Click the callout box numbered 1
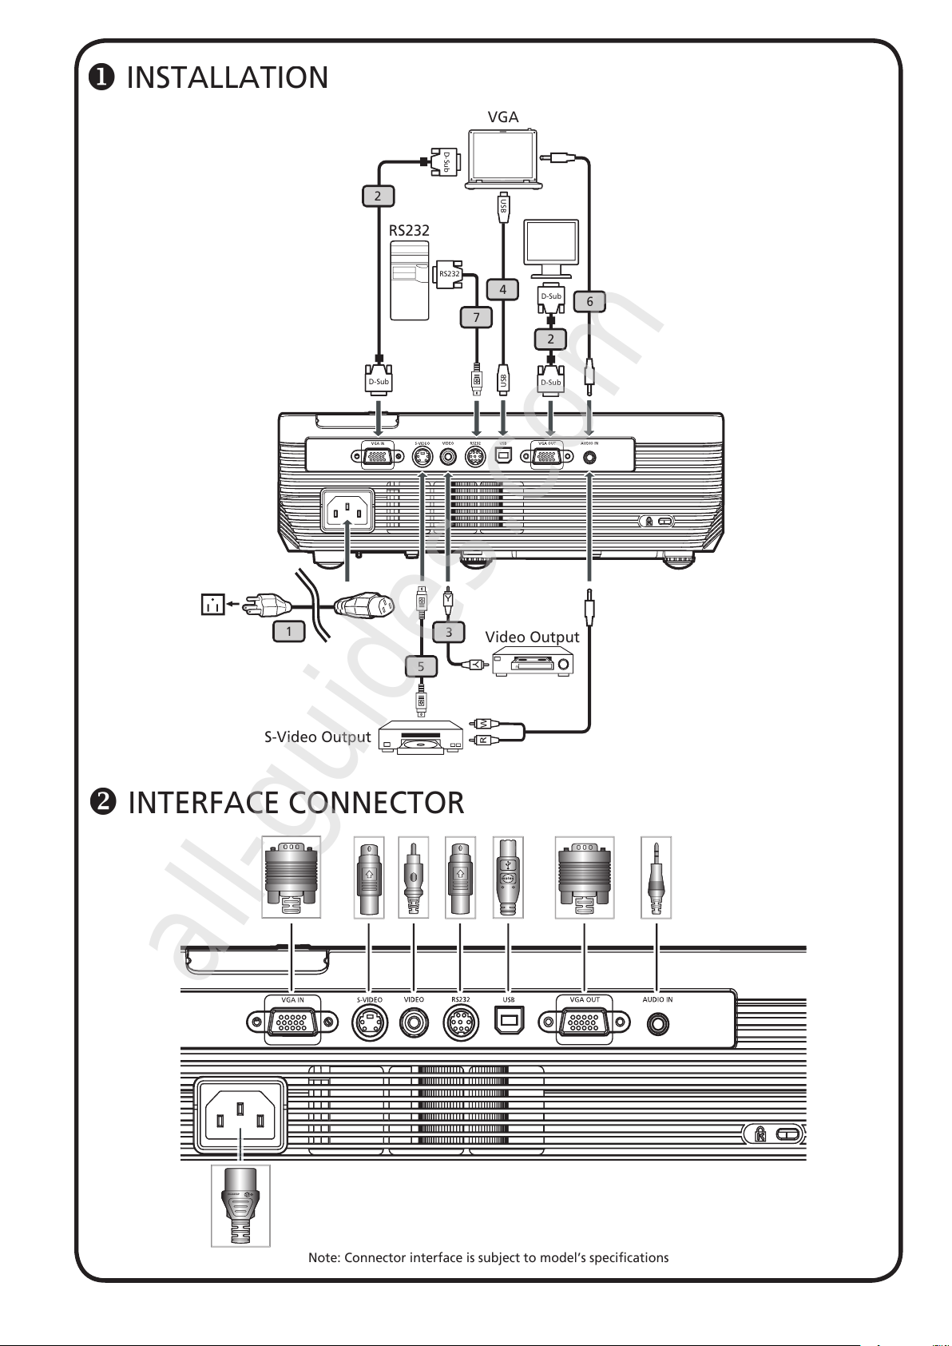tap(289, 631)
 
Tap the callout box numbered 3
tap(449, 632)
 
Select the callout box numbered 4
tap(502, 289)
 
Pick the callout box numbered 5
tap(421, 666)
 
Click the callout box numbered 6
tap(589, 301)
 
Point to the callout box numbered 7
tap(477, 317)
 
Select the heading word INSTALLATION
tap(228, 77)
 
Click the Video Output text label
tap(532, 637)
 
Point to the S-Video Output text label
tap(317, 737)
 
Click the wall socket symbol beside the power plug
tap(212, 605)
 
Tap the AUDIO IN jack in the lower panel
tap(658, 1023)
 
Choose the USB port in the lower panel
tap(509, 1023)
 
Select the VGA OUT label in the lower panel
tap(585, 1000)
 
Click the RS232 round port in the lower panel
tap(460, 1023)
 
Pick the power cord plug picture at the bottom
tap(240, 1205)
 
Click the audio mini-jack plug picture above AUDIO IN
tap(656, 877)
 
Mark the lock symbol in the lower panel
tap(761, 1134)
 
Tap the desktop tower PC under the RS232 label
tap(409, 280)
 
